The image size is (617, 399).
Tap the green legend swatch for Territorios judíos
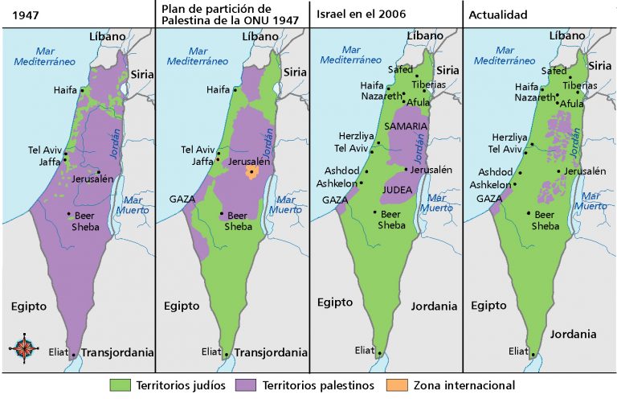coord(120,385)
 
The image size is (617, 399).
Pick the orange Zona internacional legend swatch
coord(397,385)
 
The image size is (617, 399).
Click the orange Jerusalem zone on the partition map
coord(252,171)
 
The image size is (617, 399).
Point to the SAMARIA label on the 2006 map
coord(407,127)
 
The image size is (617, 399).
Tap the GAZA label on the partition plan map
coord(182,199)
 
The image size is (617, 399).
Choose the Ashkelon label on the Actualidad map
coord(491,184)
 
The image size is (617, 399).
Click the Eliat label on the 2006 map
coord(366,350)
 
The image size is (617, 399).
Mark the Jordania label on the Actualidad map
coord(573,334)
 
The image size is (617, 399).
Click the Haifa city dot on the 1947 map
coord(81,90)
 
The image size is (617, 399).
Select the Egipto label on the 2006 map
coord(334,302)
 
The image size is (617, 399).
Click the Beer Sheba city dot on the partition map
coord(222,213)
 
